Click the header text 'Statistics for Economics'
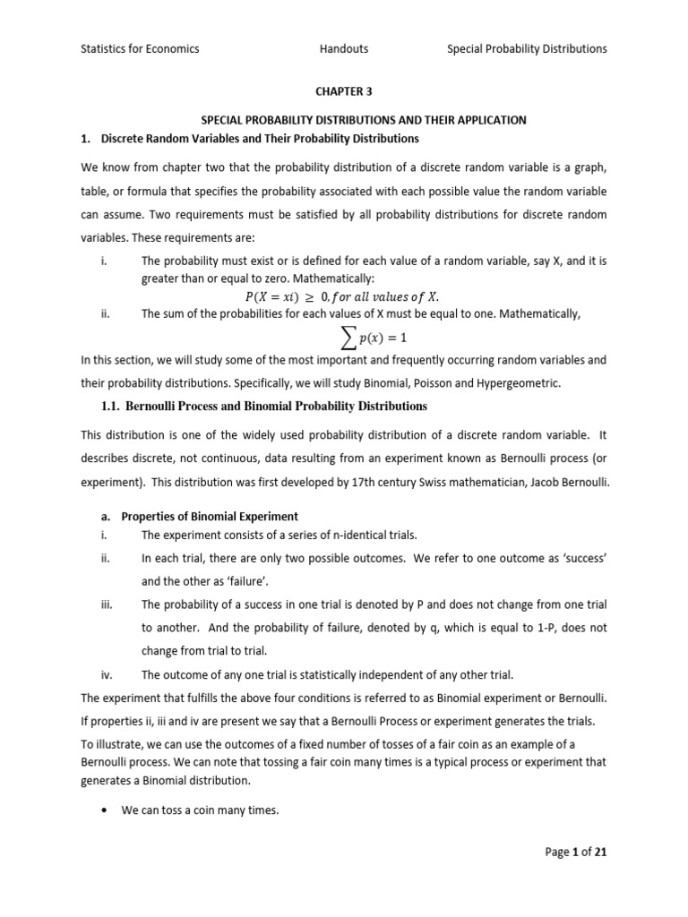click(x=139, y=49)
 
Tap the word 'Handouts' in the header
click(x=344, y=49)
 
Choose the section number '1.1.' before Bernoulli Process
click(x=113, y=407)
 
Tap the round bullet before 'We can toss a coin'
click(x=106, y=811)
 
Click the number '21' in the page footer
click(x=599, y=853)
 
